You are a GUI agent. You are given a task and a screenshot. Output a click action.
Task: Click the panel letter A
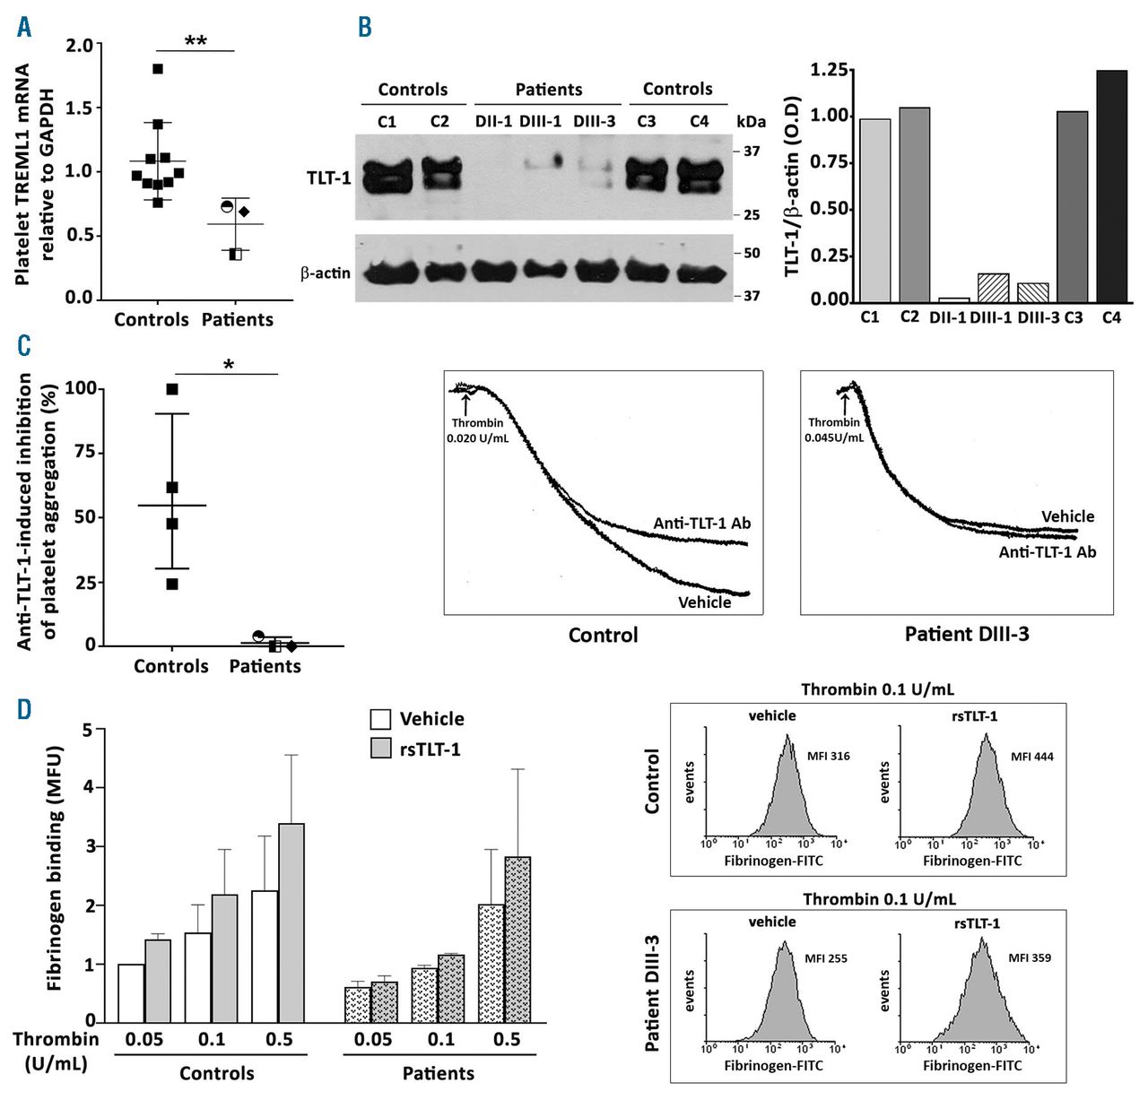tap(24, 27)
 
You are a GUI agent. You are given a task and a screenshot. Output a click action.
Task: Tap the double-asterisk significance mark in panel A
tap(196, 41)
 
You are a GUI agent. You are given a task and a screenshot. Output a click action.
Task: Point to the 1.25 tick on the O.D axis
tap(829, 70)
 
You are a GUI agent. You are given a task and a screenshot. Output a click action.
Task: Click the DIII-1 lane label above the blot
tap(540, 121)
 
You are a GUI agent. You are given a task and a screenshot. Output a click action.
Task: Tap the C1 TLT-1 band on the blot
tap(387, 177)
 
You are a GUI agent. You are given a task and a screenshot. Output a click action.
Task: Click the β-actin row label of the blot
tap(326, 273)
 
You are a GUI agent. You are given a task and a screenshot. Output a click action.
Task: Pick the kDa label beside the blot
tap(751, 121)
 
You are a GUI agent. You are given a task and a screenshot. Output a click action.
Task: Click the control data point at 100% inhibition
tap(172, 389)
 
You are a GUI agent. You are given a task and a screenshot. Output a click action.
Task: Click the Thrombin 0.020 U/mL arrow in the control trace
tap(465, 403)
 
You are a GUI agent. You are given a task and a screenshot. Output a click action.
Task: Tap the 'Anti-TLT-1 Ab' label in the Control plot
tap(701, 524)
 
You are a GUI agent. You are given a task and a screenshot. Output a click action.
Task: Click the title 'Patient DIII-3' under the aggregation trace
tap(966, 635)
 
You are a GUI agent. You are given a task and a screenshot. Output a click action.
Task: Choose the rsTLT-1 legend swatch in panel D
tap(381, 748)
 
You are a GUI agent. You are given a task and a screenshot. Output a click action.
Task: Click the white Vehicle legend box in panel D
tap(381, 719)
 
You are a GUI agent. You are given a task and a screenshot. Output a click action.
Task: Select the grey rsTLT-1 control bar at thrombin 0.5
tap(291, 922)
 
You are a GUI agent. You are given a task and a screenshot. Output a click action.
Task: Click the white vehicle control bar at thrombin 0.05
tap(131, 992)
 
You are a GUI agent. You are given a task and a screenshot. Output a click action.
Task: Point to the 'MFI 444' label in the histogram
tap(1031, 757)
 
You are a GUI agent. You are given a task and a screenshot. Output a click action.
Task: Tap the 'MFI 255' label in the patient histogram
tap(825, 958)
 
